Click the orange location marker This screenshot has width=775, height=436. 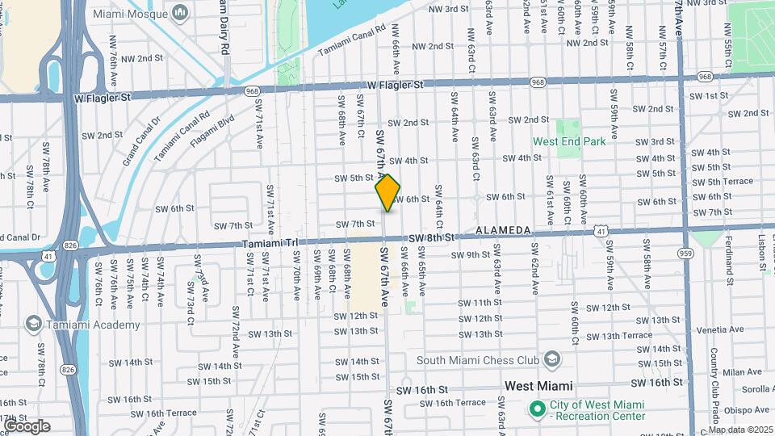pyautogui.click(x=388, y=192)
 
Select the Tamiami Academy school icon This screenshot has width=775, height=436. pyautogui.click(x=34, y=325)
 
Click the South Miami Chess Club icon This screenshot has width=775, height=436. pyautogui.click(x=551, y=358)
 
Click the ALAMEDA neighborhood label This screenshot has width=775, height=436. pyautogui.click(x=503, y=231)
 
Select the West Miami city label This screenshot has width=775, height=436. pyautogui.click(x=538, y=386)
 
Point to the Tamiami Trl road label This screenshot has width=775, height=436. pyautogui.click(x=270, y=242)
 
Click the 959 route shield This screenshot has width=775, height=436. pyautogui.click(x=686, y=253)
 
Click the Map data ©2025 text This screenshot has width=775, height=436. pyautogui.click(x=741, y=430)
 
